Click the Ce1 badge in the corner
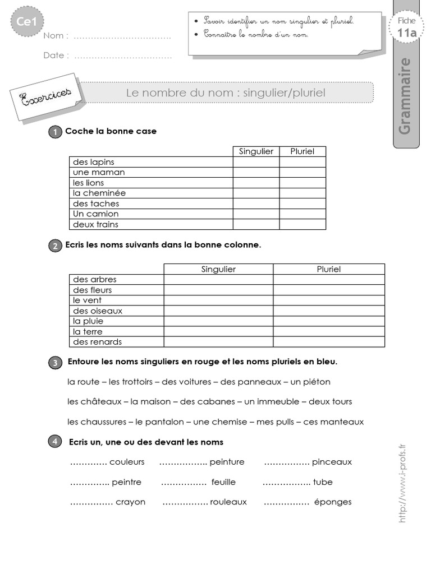click(24, 22)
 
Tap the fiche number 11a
click(406, 33)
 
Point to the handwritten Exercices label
click(45, 99)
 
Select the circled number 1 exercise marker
click(55, 132)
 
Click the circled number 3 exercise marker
click(55, 363)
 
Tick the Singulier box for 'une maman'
click(256, 173)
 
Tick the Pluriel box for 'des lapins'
click(302, 162)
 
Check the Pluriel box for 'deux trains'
click(302, 224)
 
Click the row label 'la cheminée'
click(99, 193)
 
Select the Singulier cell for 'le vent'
click(218, 300)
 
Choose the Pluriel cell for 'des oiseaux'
click(329, 311)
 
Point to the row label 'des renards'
click(97, 342)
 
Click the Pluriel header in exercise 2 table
click(329, 269)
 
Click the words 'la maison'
click(150, 402)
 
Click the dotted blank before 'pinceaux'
click(286, 462)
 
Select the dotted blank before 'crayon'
click(91, 502)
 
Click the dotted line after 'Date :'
click(123, 55)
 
